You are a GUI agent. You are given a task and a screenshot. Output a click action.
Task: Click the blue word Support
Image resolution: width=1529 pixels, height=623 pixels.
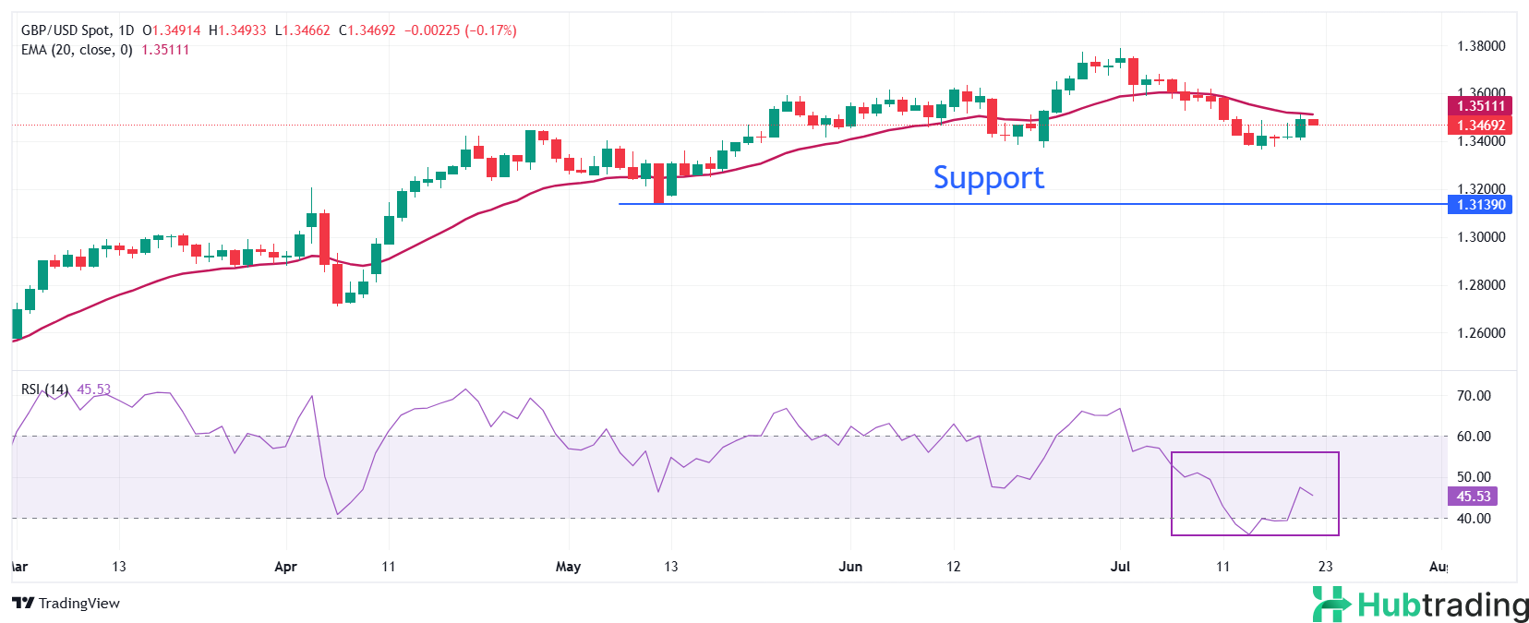click(988, 177)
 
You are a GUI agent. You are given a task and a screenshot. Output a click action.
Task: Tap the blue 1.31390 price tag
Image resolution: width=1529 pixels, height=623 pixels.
click(1480, 205)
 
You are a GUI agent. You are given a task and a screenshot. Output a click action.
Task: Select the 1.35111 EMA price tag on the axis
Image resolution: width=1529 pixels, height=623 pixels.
click(1480, 106)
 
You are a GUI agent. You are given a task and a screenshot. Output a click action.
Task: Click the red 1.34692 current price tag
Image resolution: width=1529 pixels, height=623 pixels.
click(1480, 126)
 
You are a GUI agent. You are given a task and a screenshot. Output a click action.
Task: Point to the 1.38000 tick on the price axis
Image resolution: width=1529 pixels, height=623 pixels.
click(1480, 46)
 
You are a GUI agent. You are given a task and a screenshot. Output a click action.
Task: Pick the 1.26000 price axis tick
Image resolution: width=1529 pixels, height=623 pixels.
click(1480, 333)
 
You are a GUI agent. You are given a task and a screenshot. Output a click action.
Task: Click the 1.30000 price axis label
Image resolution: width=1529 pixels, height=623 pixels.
click(1480, 237)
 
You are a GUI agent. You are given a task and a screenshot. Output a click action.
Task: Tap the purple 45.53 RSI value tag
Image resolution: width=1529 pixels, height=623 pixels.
click(1473, 497)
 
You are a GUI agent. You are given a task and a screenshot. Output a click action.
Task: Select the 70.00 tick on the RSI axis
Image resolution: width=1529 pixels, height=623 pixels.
click(1473, 396)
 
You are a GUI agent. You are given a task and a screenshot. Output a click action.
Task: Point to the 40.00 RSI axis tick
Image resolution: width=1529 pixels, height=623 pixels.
click(1473, 519)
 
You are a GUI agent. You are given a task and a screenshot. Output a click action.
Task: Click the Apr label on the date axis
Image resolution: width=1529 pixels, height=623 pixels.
click(285, 567)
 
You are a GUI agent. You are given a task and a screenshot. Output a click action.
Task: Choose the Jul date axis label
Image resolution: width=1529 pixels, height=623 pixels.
click(1120, 567)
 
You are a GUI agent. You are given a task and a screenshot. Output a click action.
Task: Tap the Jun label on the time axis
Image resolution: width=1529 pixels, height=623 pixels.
click(850, 567)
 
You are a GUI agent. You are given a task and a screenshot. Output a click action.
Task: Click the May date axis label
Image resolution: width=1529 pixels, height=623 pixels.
click(568, 567)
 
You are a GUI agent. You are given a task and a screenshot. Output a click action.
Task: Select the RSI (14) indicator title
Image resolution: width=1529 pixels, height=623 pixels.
click(44, 389)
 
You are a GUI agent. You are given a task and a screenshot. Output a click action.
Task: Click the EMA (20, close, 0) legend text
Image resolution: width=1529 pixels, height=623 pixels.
click(77, 50)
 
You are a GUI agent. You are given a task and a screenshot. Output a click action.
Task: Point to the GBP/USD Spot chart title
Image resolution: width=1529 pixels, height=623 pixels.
click(65, 30)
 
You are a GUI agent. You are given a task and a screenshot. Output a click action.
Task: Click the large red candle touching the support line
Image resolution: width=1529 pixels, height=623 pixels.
click(658, 183)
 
